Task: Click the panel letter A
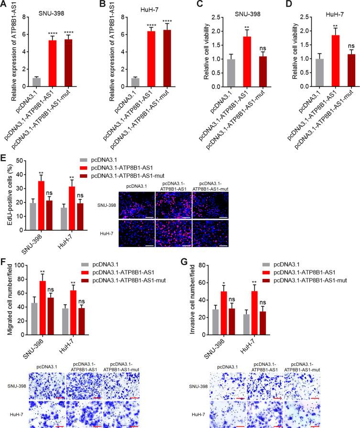tap(4, 5)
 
